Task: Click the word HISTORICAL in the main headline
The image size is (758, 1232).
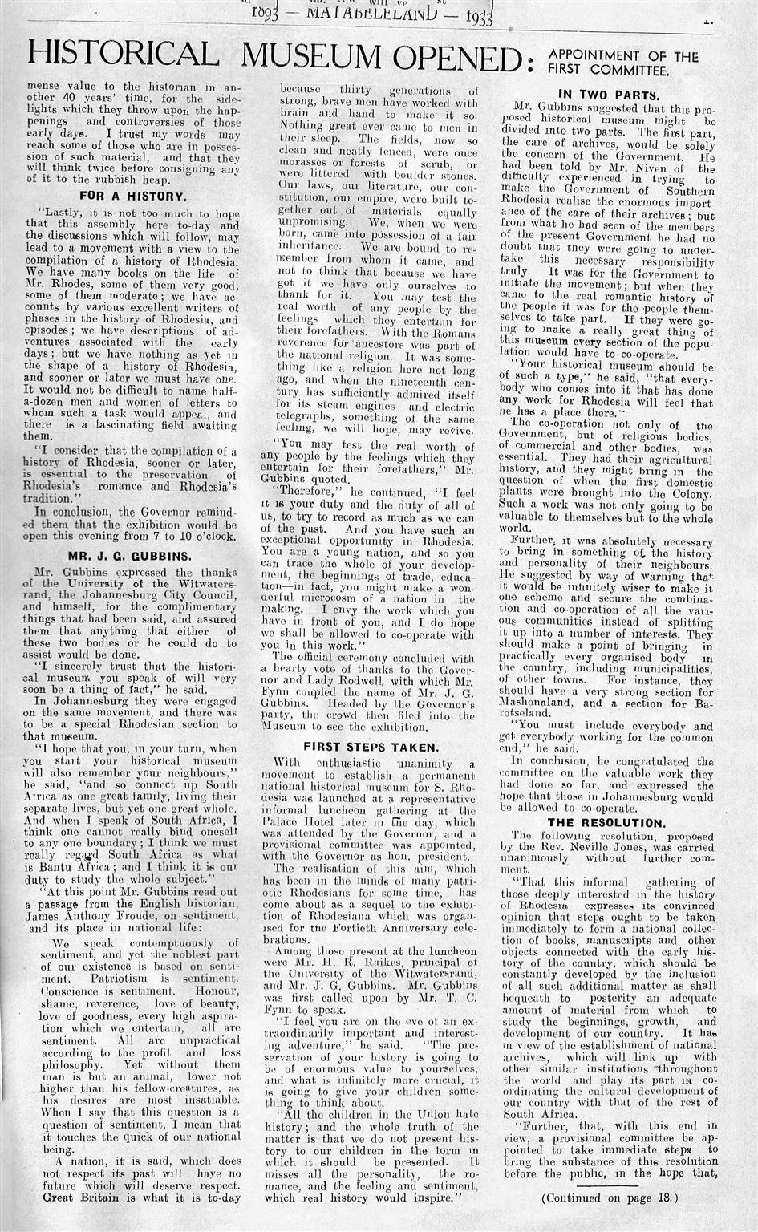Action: click(x=122, y=55)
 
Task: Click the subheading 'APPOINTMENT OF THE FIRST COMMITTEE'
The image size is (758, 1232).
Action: click(x=622, y=63)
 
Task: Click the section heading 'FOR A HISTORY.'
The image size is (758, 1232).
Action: click(x=133, y=195)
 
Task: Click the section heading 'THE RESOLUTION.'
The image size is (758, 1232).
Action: click(x=617, y=822)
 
